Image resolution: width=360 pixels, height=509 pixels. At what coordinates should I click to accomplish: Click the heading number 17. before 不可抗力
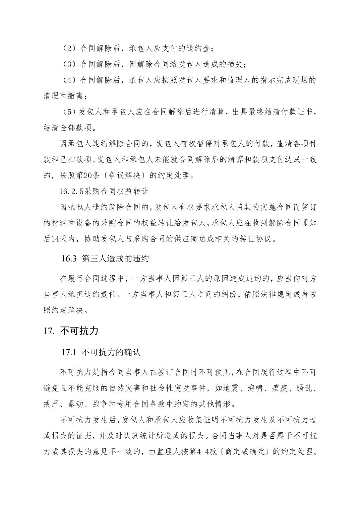[49, 331]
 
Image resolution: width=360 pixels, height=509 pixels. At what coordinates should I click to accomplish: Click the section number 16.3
[69, 259]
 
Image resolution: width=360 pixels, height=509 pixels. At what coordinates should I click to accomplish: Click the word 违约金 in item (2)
[199, 48]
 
